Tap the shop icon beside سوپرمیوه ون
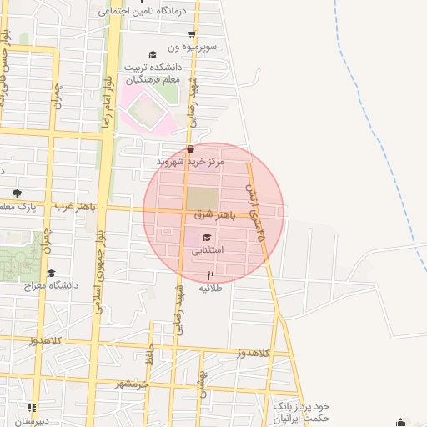(x=192, y=34)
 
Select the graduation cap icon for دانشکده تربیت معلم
(x=152, y=55)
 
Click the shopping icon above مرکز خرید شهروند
(x=191, y=149)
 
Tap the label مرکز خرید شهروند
(x=191, y=160)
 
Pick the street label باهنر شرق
(x=214, y=214)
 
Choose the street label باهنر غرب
(x=76, y=205)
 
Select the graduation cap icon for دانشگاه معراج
(x=51, y=273)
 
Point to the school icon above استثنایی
(x=207, y=238)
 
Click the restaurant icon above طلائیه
(x=210, y=274)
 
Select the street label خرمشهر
(x=131, y=384)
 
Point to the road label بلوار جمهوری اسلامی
(x=99, y=270)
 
